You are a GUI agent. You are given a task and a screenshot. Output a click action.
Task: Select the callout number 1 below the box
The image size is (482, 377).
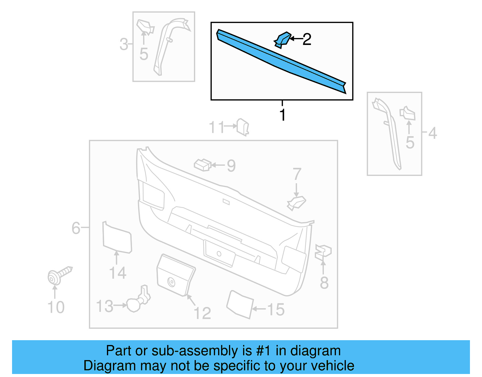coord(282,115)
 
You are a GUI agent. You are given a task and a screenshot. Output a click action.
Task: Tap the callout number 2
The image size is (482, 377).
coord(307,39)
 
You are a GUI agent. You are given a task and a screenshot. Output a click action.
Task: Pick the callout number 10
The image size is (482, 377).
coord(56,307)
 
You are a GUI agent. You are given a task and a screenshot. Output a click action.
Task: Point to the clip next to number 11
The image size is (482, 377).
coord(243,127)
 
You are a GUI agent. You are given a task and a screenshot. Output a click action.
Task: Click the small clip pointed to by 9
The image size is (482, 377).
coord(202,165)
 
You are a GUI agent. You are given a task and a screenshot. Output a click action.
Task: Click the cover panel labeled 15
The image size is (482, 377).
coord(240,304)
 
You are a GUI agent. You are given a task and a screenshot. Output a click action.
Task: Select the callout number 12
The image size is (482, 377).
coord(202,313)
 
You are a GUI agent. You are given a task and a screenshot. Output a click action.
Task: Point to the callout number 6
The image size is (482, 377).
coord(76,228)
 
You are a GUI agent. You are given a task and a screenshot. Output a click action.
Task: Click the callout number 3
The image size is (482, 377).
coord(124,44)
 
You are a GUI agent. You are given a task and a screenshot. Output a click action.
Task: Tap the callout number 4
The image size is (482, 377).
coord(432,133)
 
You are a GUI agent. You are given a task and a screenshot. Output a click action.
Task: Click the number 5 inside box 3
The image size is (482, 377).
coord(144,54)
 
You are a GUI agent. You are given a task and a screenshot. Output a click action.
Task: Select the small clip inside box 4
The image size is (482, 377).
coord(407,113)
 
